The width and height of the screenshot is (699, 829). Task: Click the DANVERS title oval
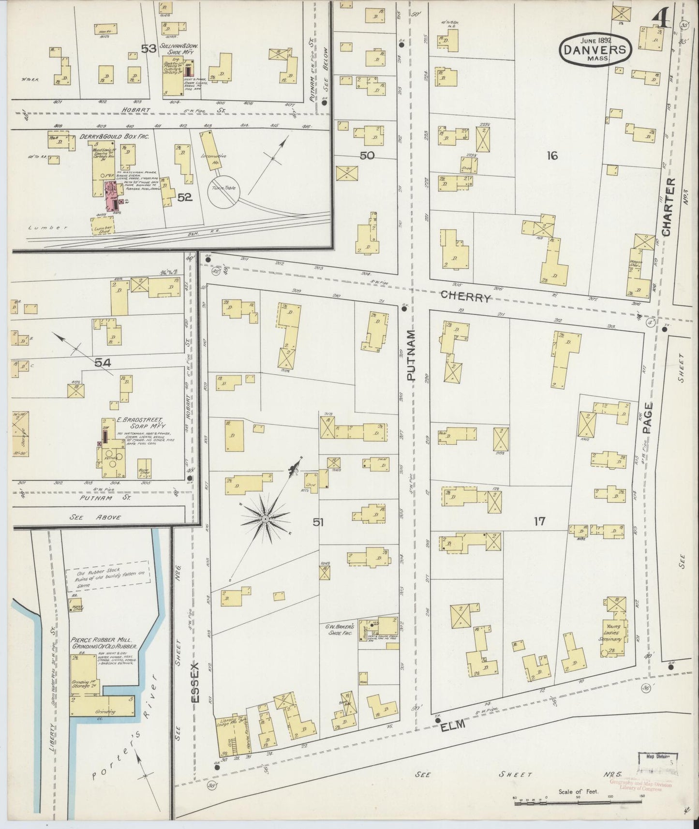tap(595, 50)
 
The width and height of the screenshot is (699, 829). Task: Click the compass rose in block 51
tap(266, 518)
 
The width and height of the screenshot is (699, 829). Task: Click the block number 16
tap(552, 155)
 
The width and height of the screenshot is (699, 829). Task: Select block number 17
tap(539, 521)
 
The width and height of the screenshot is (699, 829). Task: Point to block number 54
tap(103, 362)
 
